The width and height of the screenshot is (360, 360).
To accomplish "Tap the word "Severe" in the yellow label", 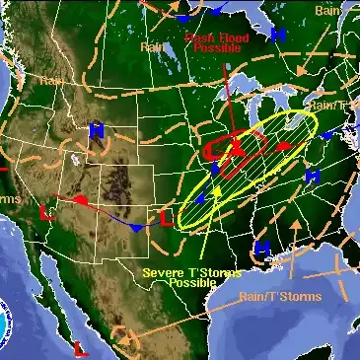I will click(163, 272).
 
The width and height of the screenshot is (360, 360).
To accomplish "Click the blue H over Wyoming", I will click(97, 131).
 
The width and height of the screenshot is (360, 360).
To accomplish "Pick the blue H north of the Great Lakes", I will click(278, 35).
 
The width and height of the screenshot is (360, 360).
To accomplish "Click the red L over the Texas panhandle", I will click(166, 218).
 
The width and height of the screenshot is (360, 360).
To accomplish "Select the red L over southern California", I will click(45, 212).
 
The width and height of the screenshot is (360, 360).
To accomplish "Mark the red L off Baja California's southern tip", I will click(80, 347).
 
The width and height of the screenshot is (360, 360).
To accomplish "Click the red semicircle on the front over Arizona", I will click(81, 201).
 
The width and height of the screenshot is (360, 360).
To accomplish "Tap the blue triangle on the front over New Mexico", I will click(137, 227).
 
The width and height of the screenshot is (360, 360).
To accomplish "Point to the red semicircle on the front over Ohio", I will click(284, 147).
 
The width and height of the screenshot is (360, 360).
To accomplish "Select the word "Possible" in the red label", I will click(216, 47).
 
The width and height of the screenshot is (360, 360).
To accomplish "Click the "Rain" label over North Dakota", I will click(153, 45).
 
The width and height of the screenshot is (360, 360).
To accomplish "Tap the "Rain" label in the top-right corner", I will click(327, 10).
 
